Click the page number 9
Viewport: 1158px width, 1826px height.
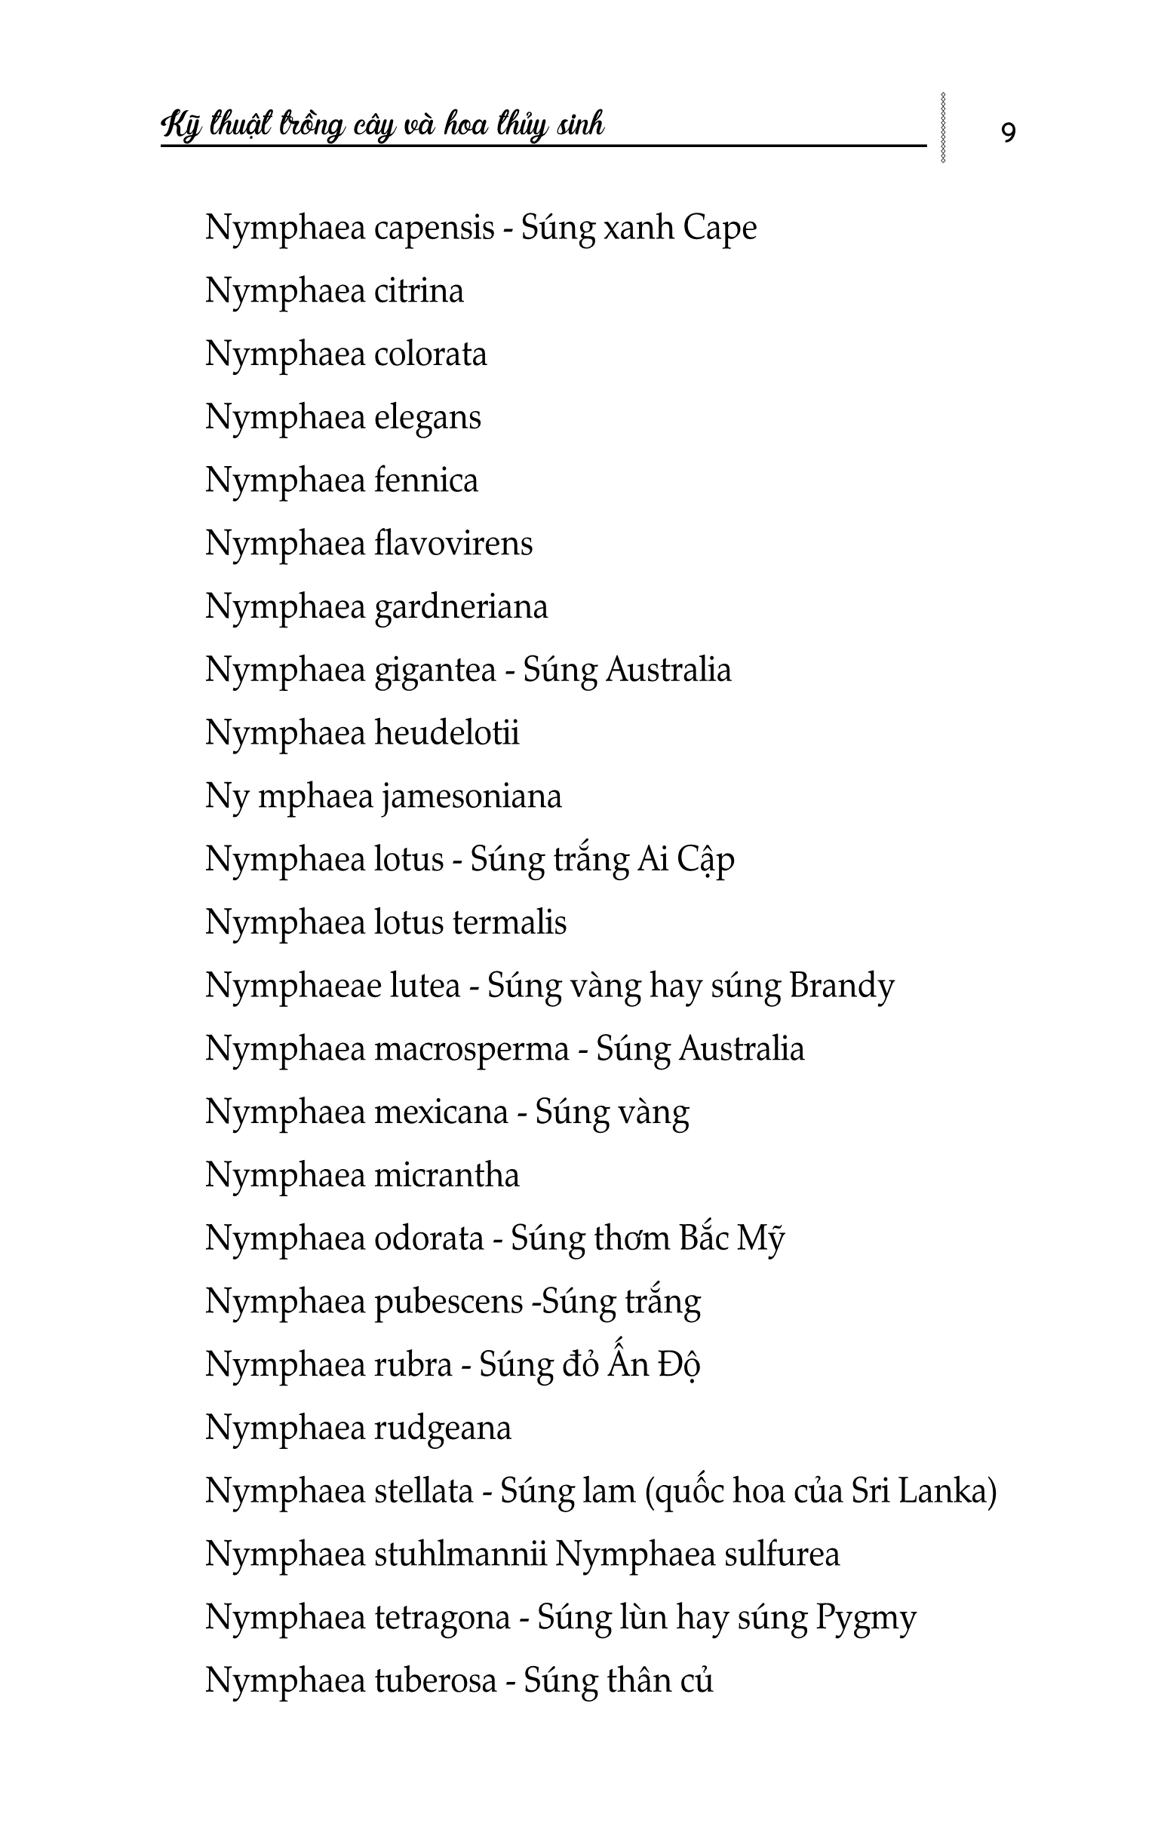(x=1008, y=133)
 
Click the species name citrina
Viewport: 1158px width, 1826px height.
(x=419, y=291)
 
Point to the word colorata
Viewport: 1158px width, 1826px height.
(x=431, y=355)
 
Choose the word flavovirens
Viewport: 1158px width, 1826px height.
(x=453, y=544)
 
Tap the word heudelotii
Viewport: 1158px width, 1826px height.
(x=447, y=733)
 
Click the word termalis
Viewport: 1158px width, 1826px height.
(x=510, y=923)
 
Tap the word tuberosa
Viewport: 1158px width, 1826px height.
(x=436, y=1681)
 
